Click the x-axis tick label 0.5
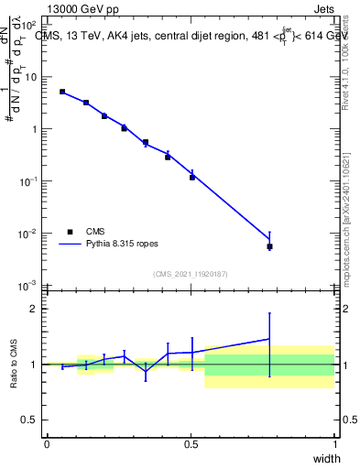pos(191,445)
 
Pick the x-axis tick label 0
pos(47,445)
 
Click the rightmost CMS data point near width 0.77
pos(269,246)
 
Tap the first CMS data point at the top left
pos(62,92)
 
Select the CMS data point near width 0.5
pos(192,177)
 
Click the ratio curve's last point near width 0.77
pos(269,339)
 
